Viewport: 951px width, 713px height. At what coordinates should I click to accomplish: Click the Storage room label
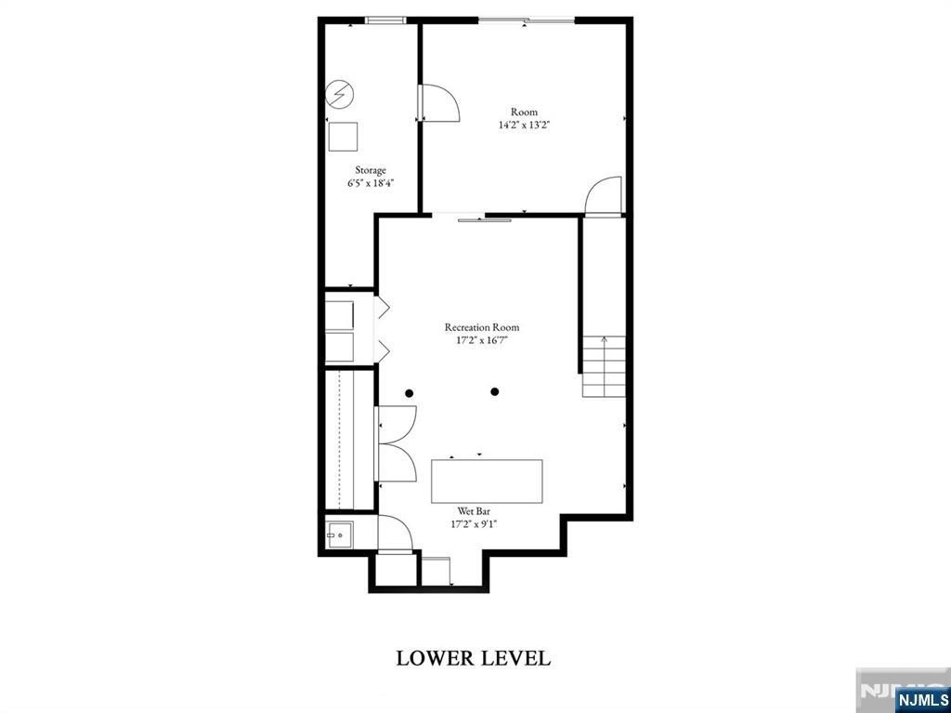click(x=370, y=170)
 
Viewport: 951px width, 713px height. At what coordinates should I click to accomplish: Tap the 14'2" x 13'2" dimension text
click(x=524, y=125)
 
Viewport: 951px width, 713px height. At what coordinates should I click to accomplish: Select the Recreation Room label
click(x=482, y=327)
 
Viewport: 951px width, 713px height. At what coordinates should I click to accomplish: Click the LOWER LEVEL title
click(x=474, y=658)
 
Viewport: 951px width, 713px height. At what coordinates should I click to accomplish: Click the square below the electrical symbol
click(x=343, y=137)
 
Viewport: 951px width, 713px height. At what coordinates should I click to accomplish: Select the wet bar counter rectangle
click(x=487, y=481)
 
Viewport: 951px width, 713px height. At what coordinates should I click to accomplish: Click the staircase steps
click(x=604, y=367)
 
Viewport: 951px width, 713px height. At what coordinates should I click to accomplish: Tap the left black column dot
click(x=410, y=393)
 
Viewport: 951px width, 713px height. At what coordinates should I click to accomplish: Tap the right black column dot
click(x=495, y=391)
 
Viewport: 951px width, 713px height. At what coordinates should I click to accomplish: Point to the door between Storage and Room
click(x=438, y=102)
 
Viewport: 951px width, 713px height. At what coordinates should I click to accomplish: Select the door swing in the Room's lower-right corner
click(x=603, y=195)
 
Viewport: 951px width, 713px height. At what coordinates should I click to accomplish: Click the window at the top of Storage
click(x=385, y=20)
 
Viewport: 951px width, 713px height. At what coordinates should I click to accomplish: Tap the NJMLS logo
click(x=921, y=699)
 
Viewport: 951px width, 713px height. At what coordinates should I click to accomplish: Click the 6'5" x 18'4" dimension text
click(x=371, y=183)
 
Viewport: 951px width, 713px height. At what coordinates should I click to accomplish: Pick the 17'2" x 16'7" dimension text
click(x=482, y=340)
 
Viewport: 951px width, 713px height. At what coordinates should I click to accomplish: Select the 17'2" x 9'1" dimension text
click(x=474, y=524)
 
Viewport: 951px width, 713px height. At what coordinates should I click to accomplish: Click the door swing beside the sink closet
click(x=395, y=534)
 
